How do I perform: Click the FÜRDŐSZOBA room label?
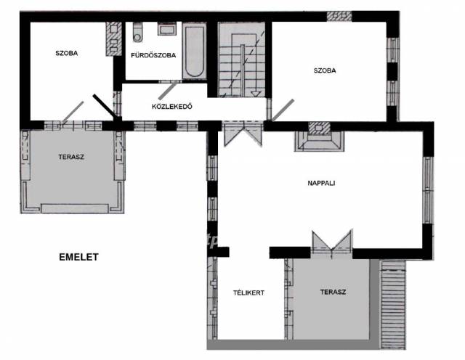[153, 55]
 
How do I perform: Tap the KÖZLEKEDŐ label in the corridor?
[172, 107]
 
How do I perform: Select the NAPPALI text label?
[321, 183]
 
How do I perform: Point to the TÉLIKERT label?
[248, 292]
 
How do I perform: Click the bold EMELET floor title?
[78, 257]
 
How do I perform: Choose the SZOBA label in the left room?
[67, 53]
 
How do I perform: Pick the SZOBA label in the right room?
[325, 70]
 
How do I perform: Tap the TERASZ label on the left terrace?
[71, 157]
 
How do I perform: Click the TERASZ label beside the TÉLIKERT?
[333, 292]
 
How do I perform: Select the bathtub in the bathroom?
[194, 52]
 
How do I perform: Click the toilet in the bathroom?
[137, 32]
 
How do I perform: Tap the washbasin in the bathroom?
[167, 29]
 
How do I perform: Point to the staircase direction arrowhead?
[256, 94]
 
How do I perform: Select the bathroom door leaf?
[168, 91]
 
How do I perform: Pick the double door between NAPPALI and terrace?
[332, 242]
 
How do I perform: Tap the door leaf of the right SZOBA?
[283, 110]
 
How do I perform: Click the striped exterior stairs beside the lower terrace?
[393, 305]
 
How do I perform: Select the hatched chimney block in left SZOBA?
[114, 38]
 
